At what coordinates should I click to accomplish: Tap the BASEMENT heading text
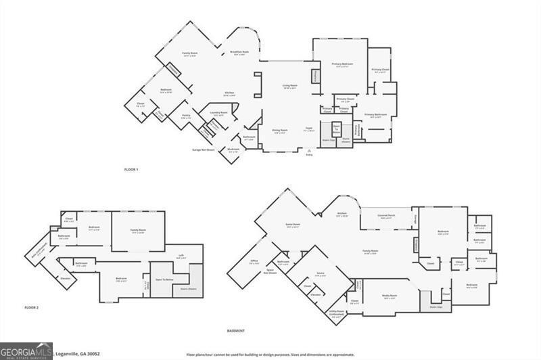click(x=235, y=330)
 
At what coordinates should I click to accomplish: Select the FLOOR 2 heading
click(x=32, y=308)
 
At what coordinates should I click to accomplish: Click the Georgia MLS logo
click(x=26, y=351)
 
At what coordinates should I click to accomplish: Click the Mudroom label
click(x=233, y=150)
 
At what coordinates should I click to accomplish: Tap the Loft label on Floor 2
click(x=181, y=255)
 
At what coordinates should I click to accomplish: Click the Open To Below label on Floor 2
click(x=164, y=279)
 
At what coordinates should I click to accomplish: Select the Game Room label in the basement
click(x=292, y=224)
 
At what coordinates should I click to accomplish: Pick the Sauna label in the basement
click(x=320, y=273)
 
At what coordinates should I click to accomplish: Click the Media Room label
click(x=390, y=295)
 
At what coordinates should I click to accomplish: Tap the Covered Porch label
click(x=387, y=217)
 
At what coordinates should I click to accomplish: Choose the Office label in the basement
click(x=254, y=261)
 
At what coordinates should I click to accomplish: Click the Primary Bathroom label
click(x=378, y=114)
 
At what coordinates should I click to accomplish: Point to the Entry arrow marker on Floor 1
click(x=309, y=150)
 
